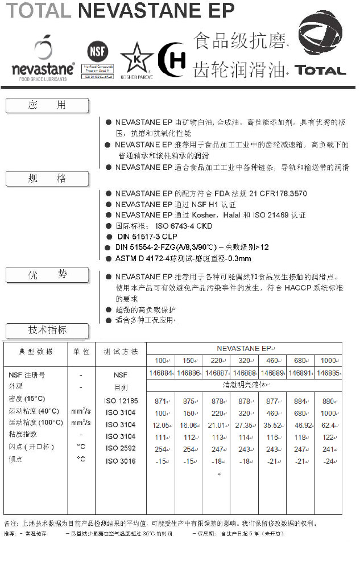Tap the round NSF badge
coord(98,51)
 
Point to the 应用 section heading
coord(47,105)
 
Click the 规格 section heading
coord(47,179)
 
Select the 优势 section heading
coord(47,275)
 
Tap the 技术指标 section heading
coord(47,330)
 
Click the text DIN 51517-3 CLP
coord(147,237)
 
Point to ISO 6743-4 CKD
coord(184,226)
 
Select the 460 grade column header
coord(272,361)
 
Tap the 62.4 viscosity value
coord(328,425)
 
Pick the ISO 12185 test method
coord(121,401)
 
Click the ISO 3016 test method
coord(121,461)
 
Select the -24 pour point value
coord(328,461)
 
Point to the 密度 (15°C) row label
coord(27,399)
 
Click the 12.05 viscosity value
coord(162,425)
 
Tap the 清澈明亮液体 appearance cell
coord(244,385)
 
